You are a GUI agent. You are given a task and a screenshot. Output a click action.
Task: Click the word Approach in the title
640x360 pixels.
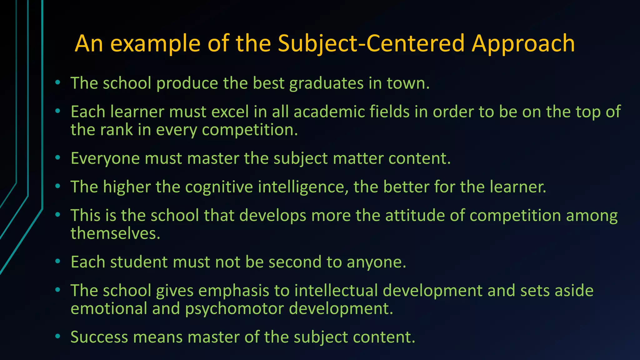(523, 43)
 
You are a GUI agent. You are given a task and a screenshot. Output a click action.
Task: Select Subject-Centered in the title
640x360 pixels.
(371, 43)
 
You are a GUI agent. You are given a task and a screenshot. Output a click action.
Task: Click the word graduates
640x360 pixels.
(326, 83)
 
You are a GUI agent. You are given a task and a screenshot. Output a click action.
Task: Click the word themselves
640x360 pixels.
(115, 233)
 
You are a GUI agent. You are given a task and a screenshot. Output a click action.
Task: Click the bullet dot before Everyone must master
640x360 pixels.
(57, 158)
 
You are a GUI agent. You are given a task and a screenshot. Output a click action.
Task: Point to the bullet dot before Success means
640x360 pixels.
(57, 337)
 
